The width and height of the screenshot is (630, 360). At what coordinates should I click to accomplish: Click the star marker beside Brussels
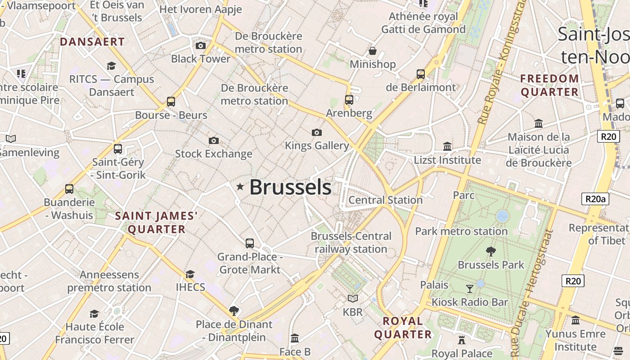point(240,187)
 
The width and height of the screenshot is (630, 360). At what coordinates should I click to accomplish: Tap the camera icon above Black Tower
point(201,45)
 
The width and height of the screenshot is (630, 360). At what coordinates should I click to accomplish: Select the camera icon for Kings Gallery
point(317,132)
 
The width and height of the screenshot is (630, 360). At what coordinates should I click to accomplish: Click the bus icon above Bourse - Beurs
point(171,102)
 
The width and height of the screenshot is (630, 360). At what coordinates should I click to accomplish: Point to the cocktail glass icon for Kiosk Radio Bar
point(470,288)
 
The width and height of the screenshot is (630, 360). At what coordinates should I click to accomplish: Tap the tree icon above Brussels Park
point(491,252)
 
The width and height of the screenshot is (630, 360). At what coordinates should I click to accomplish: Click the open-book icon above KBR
point(353,298)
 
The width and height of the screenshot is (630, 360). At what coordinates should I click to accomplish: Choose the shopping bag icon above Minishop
point(373,51)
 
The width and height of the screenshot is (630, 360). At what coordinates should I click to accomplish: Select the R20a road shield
point(595,199)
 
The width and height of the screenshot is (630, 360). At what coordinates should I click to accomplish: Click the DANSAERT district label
point(92,42)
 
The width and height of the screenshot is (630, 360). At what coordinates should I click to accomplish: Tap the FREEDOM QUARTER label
point(549,85)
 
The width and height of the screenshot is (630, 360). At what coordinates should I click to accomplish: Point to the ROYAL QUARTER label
point(403,328)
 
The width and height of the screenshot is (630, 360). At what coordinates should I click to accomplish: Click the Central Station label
point(386,200)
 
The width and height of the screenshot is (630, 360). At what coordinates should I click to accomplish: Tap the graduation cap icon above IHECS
point(190,274)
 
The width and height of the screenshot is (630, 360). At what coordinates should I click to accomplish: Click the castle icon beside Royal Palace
point(461,340)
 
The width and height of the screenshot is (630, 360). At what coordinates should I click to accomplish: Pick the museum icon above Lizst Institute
point(447,147)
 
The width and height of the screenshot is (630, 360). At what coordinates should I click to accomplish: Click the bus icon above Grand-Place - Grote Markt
point(250,243)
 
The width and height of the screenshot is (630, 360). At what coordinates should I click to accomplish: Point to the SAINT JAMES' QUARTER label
point(157,222)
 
